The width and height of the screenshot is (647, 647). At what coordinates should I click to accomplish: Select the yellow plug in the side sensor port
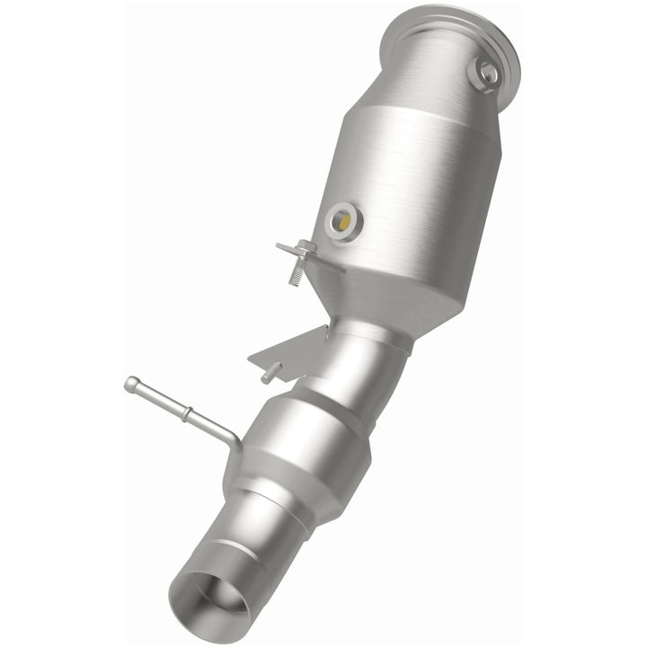click(342, 218)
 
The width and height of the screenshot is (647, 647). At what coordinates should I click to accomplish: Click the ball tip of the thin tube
click(132, 385)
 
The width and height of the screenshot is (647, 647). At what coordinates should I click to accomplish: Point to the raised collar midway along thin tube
click(186, 416)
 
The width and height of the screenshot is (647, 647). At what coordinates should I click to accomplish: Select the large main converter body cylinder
click(413, 180)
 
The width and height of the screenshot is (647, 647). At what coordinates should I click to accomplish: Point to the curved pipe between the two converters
click(359, 359)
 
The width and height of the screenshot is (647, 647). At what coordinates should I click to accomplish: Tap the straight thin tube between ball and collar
click(159, 400)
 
